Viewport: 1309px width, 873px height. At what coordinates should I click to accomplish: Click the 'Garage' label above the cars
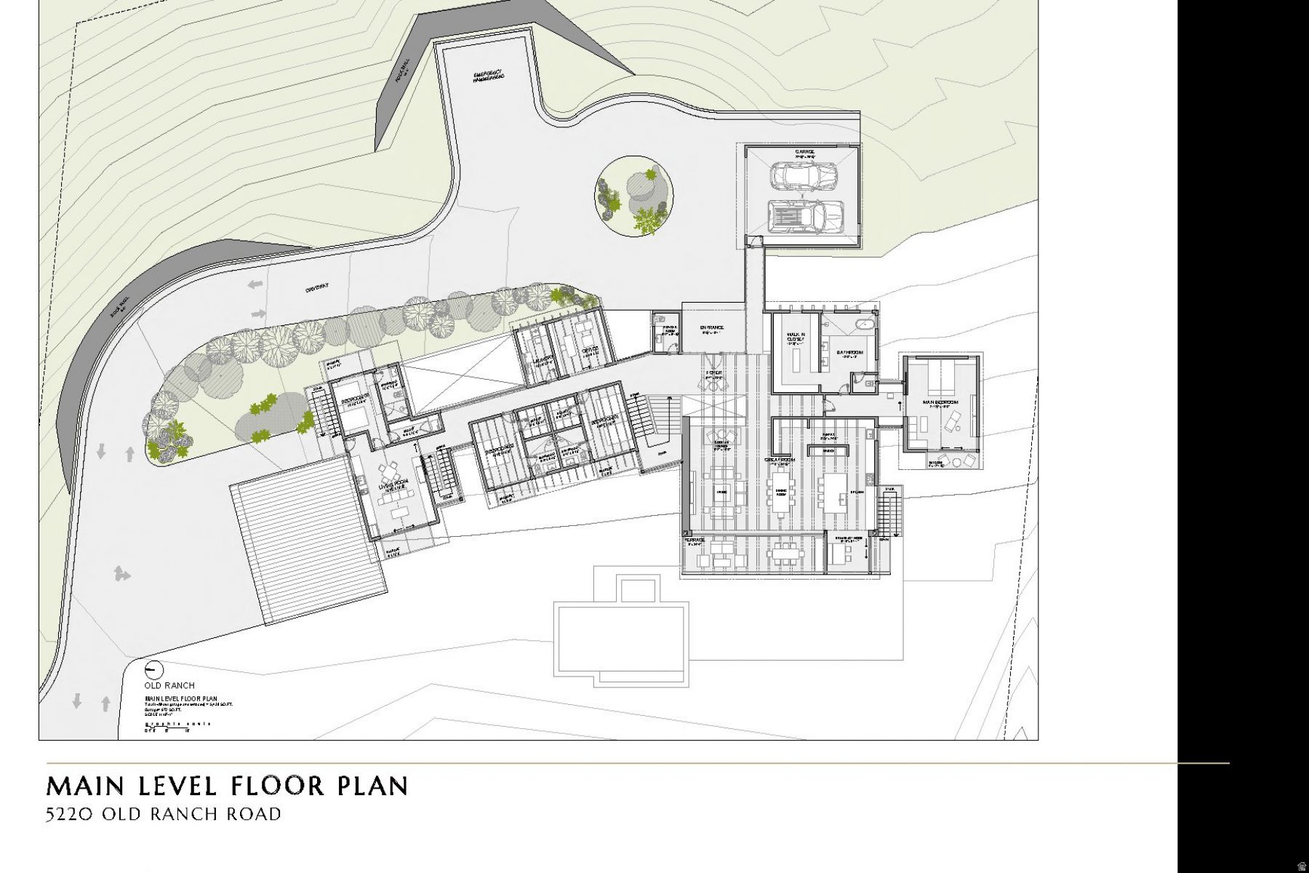coord(803,152)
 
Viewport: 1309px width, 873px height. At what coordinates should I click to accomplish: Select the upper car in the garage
coord(802,175)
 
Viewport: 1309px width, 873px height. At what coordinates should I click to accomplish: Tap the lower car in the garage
coord(806,216)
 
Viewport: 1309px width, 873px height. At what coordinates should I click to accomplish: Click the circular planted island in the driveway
coord(634,194)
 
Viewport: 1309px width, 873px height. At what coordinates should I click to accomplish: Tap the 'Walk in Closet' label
coord(796,338)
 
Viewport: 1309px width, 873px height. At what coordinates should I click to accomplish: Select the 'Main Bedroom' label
coord(940,402)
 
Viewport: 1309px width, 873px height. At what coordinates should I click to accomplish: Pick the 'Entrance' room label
coord(712,327)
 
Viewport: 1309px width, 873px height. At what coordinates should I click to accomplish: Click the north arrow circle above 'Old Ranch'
coord(155,670)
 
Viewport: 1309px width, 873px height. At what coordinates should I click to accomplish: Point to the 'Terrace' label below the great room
coord(694,541)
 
